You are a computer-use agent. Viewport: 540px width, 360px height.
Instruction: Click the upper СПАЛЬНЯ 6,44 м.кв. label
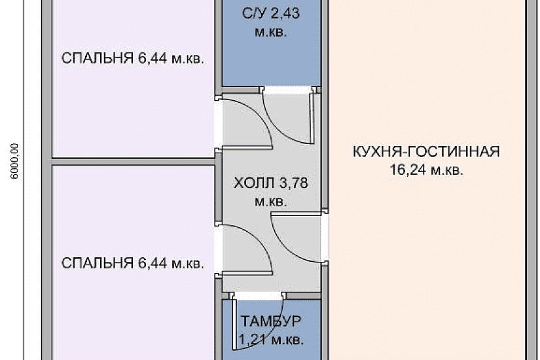click(133, 59)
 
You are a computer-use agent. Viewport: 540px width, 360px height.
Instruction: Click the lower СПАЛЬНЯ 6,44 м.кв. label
click(133, 264)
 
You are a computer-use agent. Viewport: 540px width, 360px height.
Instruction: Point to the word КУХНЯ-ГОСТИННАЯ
click(425, 153)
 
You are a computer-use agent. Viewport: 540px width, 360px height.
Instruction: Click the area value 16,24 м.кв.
click(425, 171)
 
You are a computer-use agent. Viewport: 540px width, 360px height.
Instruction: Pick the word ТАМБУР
click(271, 321)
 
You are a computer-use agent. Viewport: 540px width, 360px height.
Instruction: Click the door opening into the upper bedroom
click(219, 122)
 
